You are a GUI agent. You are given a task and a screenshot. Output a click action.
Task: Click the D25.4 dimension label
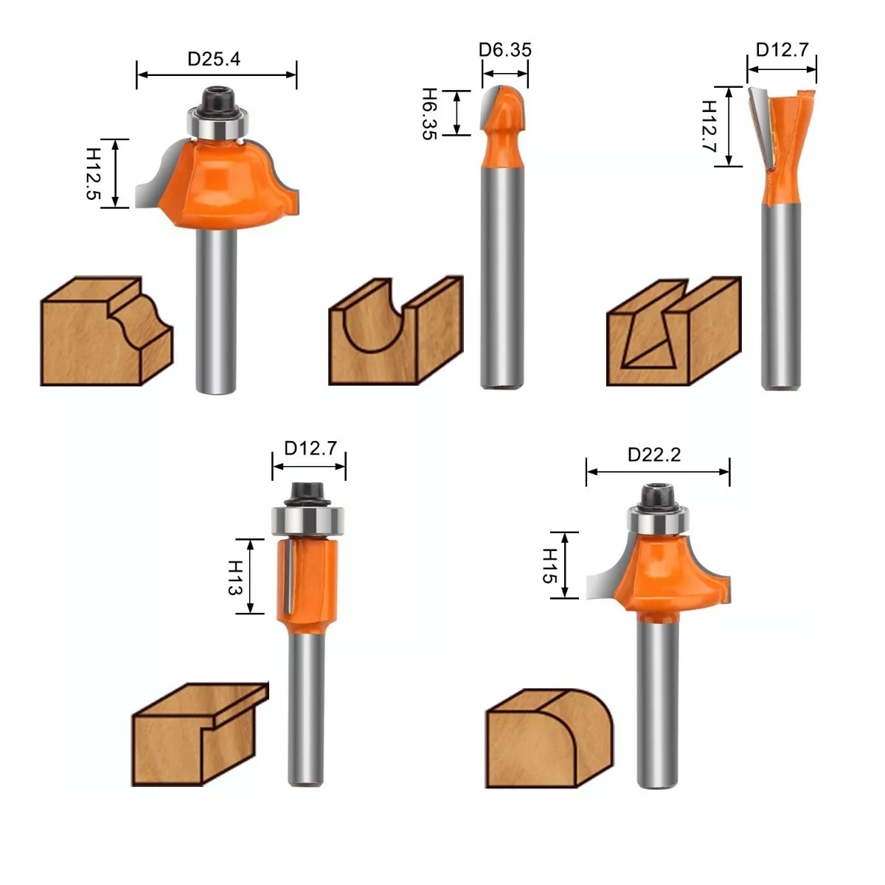click(214, 59)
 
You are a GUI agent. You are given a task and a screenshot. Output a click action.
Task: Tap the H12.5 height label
click(93, 173)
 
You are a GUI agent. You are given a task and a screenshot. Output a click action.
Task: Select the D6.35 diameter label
click(504, 49)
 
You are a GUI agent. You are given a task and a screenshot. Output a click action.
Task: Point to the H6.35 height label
click(429, 114)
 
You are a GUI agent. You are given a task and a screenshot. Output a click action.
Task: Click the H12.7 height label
click(709, 126)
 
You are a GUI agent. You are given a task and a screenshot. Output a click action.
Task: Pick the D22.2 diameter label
click(654, 455)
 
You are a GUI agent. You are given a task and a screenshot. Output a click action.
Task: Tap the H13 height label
click(235, 577)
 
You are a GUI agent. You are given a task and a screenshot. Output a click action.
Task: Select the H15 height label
click(549, 566)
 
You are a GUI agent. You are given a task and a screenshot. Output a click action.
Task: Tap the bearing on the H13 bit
click(308, 521)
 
